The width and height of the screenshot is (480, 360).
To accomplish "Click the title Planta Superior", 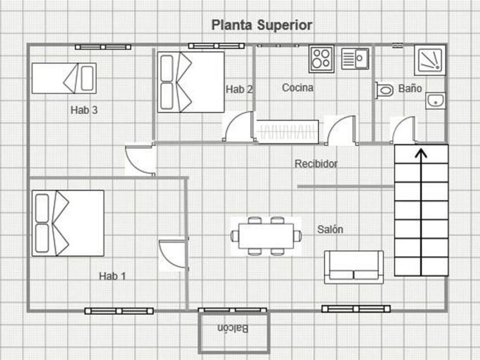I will pos(262,25).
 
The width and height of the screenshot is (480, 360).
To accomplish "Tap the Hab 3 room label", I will pos(84,110).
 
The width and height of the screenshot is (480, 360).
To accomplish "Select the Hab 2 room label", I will pos(239,89).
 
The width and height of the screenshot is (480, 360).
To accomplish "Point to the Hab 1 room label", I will pos(112,276).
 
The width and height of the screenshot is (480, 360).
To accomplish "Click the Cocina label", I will pos(298,88).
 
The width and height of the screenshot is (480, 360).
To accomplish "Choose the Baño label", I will pos(410,89).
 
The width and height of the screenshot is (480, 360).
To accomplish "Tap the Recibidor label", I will pos(316,164).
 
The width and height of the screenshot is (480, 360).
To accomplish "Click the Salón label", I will pos(330,229).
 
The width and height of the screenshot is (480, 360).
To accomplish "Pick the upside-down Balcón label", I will pos(233,329).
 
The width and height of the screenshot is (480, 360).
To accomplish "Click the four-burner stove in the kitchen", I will pos(321,58).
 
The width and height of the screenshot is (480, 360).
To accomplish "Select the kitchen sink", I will pos(355,58).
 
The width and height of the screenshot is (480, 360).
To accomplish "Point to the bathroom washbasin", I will pos(435,101).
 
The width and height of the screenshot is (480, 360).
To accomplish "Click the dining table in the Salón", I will pos(266,235).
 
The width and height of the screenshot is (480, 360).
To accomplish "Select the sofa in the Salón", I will pos(354,266).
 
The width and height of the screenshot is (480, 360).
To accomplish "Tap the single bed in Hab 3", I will pos(63,78).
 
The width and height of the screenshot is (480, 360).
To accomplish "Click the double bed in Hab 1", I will pos(68,223).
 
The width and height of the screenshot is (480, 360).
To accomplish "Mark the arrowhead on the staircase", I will pos(421,153).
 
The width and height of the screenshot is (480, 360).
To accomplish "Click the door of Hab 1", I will pos(172,255).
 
